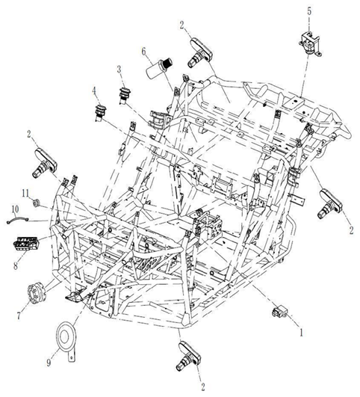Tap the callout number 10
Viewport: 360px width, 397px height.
[x=14, y=209]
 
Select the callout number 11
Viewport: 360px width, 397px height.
[x=25, y=194]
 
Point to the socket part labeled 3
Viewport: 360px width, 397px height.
[x=125, y=96]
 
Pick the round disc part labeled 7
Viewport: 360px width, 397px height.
[x=35, y=294]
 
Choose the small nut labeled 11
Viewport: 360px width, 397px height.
[x=39, y=202]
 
